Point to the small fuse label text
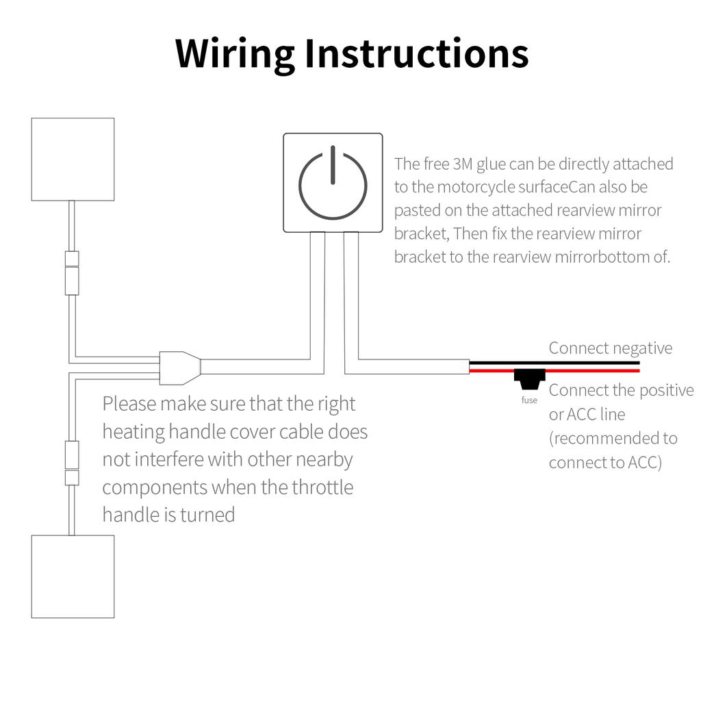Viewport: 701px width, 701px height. click(529, 400)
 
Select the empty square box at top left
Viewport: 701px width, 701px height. click(73, 159)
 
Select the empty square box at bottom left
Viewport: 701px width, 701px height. click(73, 576)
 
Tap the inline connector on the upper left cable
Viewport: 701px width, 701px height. click(72, 273)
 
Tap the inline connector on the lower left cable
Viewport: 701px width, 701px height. click(72, 463)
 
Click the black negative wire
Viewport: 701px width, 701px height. click(555, 362)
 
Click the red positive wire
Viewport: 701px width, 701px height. click(589, 370)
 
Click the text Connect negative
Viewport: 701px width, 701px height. click(611, 348)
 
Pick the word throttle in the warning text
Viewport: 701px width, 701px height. click(322, 487)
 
